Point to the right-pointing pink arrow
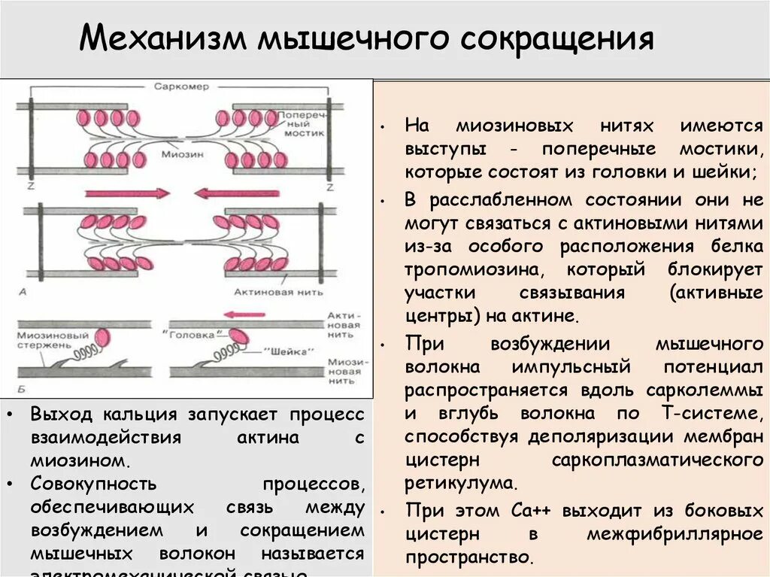pos(127,193)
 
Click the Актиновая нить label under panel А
pos(289,290)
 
